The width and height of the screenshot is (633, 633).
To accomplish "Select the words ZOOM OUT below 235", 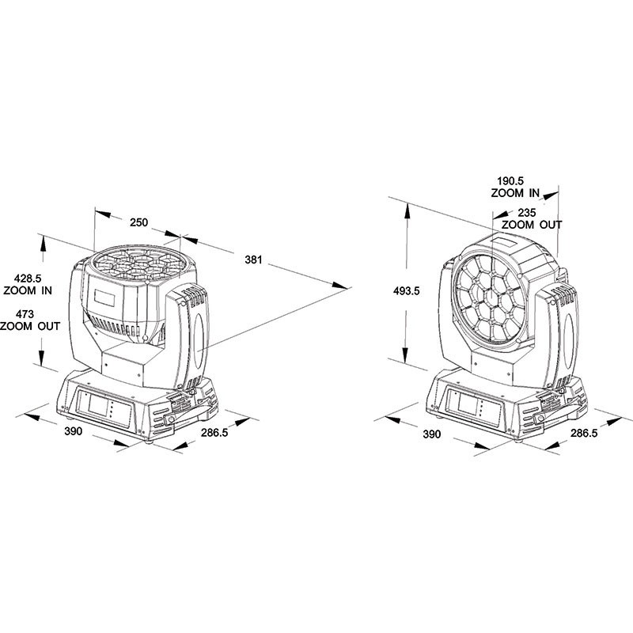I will click(x=533, y=225).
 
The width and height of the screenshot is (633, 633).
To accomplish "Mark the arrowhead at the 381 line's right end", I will click(x=343, y=286).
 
